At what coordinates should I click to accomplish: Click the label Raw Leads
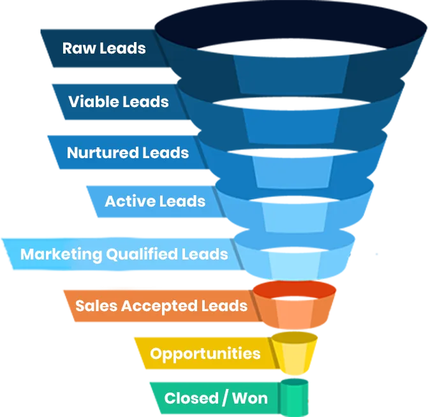[104, 48]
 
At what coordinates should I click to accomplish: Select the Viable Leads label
[119, 101]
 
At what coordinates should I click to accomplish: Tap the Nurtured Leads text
[128, 153]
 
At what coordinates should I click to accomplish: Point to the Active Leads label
[155, 201]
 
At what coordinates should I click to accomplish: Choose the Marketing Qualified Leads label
[124, 254]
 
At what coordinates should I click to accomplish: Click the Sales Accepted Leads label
[161, 305]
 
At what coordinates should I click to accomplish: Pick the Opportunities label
[205, 353]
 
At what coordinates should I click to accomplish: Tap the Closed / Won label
[216, 399]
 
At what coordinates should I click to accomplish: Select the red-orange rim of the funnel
[293, 289]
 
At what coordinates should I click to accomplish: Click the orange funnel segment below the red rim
[293, 314]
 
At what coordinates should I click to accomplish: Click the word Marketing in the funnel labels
[61, 254]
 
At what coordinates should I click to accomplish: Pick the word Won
[249, 399]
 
